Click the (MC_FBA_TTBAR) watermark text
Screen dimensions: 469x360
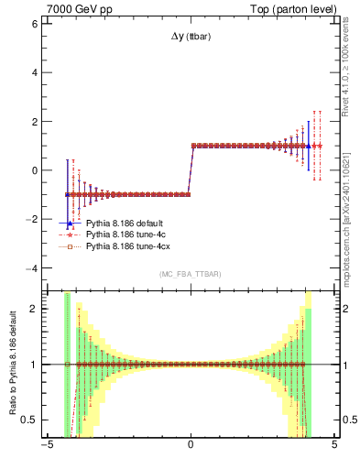pyautogui.click(x=191, y=274)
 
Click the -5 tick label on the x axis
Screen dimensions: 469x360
pyautogui.click(x=46, y=449)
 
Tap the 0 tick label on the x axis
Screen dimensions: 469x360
pyautogui.click(x=191, y=449)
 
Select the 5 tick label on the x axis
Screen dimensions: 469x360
pyautogui.click(x=334, y=449)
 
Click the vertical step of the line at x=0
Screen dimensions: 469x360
pyautogui.click(x=191, y=169)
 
